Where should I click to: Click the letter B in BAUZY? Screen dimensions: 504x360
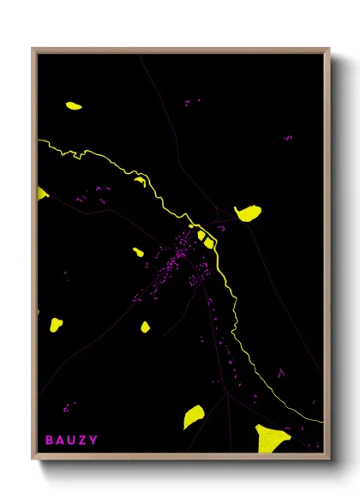(x=50, y=441)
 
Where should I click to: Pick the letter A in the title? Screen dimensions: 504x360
(x=60, y=441)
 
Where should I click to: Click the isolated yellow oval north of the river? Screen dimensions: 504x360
(x=74, y=106)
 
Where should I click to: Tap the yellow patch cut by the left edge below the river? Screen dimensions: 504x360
(x=42, y=193)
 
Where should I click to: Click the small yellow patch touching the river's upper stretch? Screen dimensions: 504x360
(x=139, y=180)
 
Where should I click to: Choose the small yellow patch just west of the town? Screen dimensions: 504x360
(x=138, y=252)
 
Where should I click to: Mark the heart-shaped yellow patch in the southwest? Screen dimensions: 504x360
(x=56, y=324)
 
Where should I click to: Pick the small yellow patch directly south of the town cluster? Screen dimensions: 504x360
(x=145, y=327)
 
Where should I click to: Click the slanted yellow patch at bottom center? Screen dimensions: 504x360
(x=193, y=417)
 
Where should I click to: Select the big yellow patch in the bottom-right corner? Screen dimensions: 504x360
(x=272, y=437)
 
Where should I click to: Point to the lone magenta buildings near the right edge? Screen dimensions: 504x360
(x=288, y=137)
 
